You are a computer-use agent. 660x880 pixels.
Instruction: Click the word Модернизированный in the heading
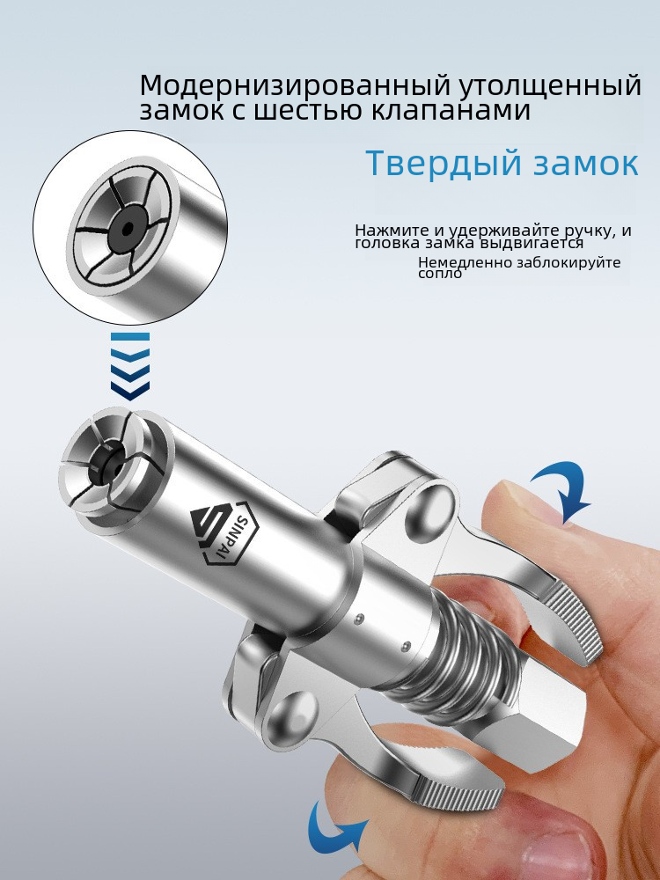[295, 86]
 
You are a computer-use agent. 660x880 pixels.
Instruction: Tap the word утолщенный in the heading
[551, 86]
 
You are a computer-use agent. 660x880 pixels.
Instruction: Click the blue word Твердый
[443, 164]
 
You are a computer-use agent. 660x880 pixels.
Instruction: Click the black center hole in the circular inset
[128, 229]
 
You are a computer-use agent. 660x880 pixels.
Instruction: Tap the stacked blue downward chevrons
[130, 366]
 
